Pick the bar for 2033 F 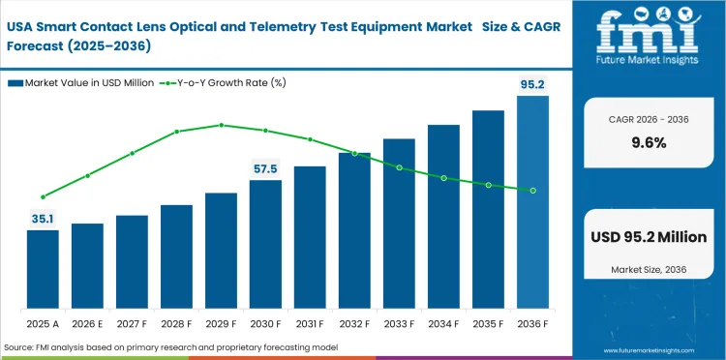coord(399,223)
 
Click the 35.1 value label coord(43,219)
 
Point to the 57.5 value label coord(265,168)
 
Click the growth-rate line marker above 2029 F coord(221,125)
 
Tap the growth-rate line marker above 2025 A coord(43,196)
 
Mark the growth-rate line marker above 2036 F coord(532,190)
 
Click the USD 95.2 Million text coord(648,236)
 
